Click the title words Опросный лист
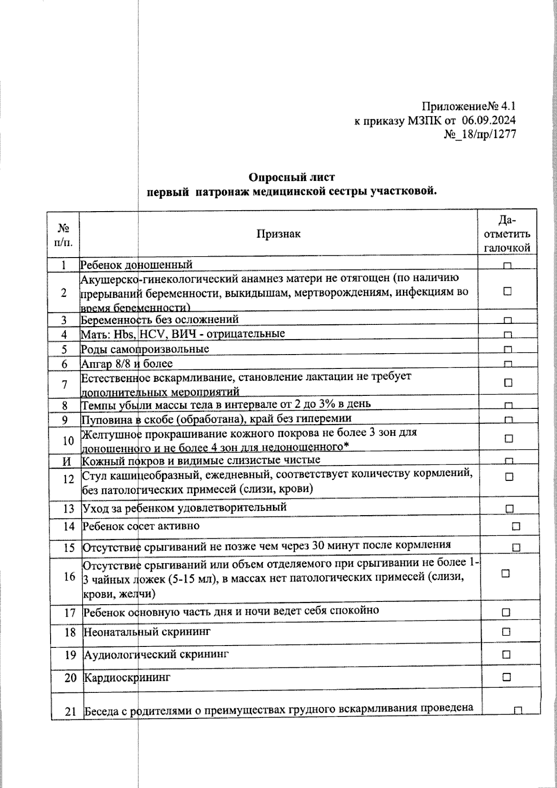click(x=291, y=177)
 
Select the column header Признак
click(x=278, y=233)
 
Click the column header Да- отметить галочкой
click(x=507, y=233)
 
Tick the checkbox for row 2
click(x=507, y=291)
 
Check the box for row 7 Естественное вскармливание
click(x=508, y=383)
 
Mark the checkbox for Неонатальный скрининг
click(x=506, y=632)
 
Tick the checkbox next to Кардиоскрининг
click(x=506, y=677)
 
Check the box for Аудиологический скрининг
click(x=506, y=655)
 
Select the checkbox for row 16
click(x=505, y=574)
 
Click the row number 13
click(x=69, y=509)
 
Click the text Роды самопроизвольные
click(x=145, y=349)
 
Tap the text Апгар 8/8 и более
click(x=127, y=364)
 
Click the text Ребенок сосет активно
click(x=141, y=526)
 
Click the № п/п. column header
click(x=63, y=234)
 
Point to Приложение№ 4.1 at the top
click(x=469, y=106)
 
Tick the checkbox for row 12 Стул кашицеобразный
click(x=509, y=477)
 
